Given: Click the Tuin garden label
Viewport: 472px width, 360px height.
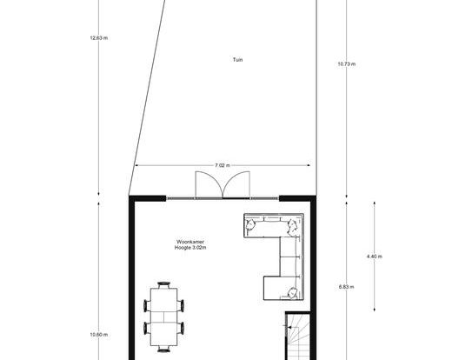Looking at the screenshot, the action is point(237,60).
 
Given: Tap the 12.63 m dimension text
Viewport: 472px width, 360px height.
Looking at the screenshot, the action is point(99,38).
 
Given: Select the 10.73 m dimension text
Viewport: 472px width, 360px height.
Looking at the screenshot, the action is point(347,63).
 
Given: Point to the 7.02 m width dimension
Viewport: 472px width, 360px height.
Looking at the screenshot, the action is point(223,165).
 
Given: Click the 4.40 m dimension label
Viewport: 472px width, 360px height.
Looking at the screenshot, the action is point(375,257).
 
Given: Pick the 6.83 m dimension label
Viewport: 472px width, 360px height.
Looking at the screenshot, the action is point(347,287).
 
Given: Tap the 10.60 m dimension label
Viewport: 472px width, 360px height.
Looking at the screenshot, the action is point(99,335).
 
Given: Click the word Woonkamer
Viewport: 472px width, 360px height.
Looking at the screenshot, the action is point(190,242).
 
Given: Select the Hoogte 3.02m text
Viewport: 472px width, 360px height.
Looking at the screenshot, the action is point(190,248).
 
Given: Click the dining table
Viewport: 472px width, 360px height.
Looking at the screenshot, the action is point(163,317).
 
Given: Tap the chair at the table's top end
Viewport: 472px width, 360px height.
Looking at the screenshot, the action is point(163,284).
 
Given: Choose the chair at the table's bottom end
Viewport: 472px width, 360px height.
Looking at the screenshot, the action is point(163,350).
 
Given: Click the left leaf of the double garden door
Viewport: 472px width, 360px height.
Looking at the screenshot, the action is point(209,184).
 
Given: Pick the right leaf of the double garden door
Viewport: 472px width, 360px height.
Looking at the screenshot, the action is point(236,184).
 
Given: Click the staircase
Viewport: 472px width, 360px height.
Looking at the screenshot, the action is point(297,337).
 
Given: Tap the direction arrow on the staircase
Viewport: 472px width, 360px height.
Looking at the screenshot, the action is point(290,327).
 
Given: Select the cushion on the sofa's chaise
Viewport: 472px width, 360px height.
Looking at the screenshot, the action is point(293,292).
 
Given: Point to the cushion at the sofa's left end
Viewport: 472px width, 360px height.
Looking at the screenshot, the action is point(250,224).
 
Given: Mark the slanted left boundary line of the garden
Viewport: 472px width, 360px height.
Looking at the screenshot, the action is point(147,97).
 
